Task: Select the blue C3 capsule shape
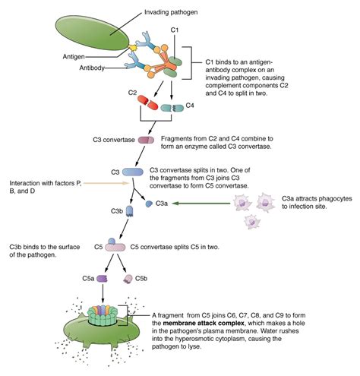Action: click(134, 173)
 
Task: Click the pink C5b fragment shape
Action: click(129, 280)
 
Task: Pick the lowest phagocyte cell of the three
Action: click(251, 221)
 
